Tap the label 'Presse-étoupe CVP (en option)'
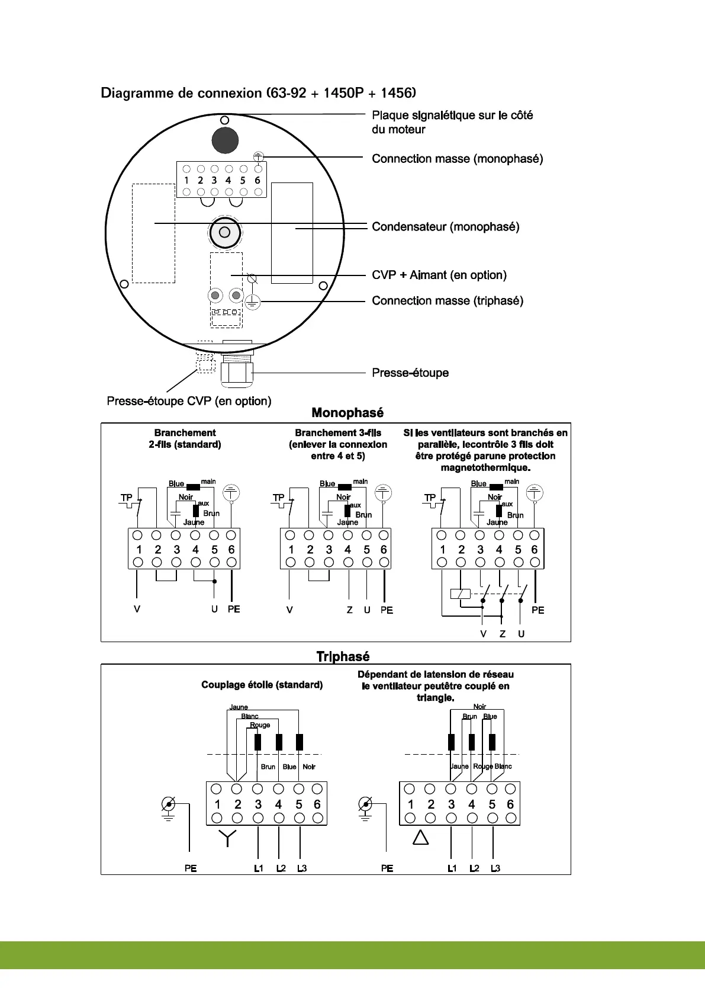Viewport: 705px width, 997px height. point(189,401)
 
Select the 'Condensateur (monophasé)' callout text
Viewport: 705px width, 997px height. point(445,227)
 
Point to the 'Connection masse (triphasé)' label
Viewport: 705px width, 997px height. point(447,301)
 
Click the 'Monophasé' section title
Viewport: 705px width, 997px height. point(347,413)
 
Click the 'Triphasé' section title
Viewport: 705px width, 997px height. point(343,656)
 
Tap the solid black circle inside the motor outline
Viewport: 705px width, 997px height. point(225,140)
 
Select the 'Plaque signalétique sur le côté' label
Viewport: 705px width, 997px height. point(452,116)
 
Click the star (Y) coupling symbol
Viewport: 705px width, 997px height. point(227,838)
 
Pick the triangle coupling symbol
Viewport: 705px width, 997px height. point(420,838)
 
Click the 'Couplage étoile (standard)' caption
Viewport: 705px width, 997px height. point(262,685)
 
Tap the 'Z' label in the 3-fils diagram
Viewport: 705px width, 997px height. point(350,610)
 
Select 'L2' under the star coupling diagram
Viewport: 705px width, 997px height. point(281,868)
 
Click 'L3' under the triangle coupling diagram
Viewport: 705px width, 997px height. point(495,868)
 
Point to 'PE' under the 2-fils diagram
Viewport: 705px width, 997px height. point(234,610)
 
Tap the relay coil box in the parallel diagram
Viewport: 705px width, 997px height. point(460,594)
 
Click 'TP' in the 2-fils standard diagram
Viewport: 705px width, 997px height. point(127,498)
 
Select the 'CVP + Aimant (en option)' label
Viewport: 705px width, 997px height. point(439,275)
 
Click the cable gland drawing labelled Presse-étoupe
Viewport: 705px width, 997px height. point(236,372)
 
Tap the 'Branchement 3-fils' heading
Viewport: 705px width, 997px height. point(338,433)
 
